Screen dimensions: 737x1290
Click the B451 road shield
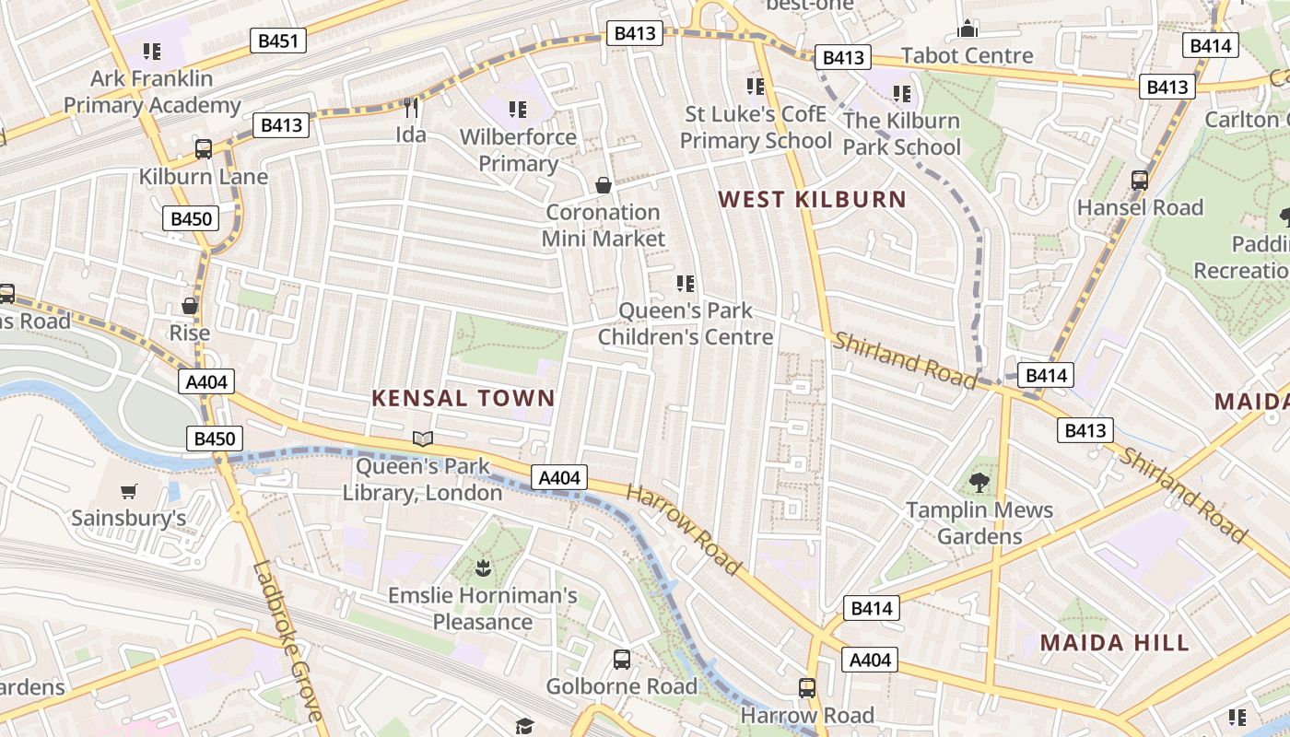[x=278, y=41]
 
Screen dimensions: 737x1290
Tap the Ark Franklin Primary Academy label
[x=152, y=92]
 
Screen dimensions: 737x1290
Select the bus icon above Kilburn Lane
[x=204, y=149]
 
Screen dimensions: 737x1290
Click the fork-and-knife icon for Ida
[x=411, y=108]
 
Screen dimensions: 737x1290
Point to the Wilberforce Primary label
[x=518, y=150]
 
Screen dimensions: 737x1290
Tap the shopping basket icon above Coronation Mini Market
[x=604, y=186]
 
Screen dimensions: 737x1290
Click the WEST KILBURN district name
[x=812, y=199]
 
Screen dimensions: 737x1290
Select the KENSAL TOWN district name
[x=463, y=398]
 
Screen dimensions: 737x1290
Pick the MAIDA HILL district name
[x=1115, y=642]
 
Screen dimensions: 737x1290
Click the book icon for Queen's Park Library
[x=423, y=439]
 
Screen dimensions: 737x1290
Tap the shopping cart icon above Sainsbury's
[x=129, y=492]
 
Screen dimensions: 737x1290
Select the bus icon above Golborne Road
[x=622, y=660]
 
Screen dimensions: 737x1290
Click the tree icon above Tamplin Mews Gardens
[x=979, y=482]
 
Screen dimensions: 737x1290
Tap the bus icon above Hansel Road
[x=1140, y=181]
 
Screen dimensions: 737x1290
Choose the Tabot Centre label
[x=967, y=55]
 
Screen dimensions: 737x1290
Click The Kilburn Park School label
[x=901, y=134]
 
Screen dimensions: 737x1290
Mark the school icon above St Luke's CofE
[x=756, y=87]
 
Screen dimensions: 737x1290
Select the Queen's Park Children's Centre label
[x=686, y=323]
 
